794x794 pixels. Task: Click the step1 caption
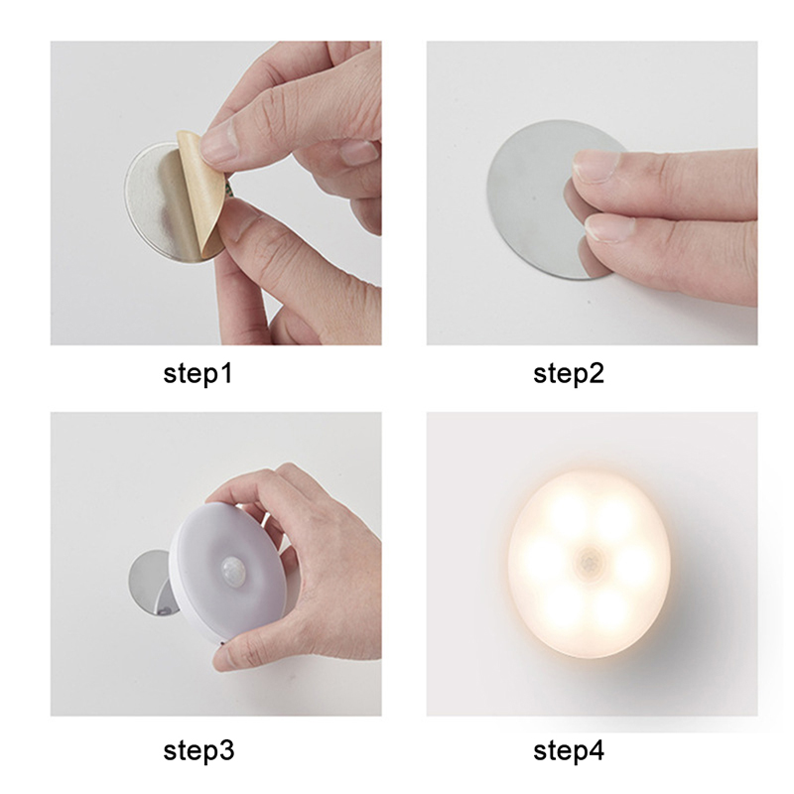pos(198,374)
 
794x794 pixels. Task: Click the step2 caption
pos(569,374)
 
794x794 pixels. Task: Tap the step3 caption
pos(198,750)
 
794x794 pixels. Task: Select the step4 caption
pos(569,750)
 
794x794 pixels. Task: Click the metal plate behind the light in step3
pos(151,584)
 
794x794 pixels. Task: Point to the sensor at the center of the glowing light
pos(590,562)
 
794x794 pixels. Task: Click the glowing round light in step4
pos(589,564)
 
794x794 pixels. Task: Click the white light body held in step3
pos(230,573)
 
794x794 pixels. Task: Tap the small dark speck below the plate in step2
pos(589,303)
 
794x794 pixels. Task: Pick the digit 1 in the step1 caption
pos(226,373)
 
